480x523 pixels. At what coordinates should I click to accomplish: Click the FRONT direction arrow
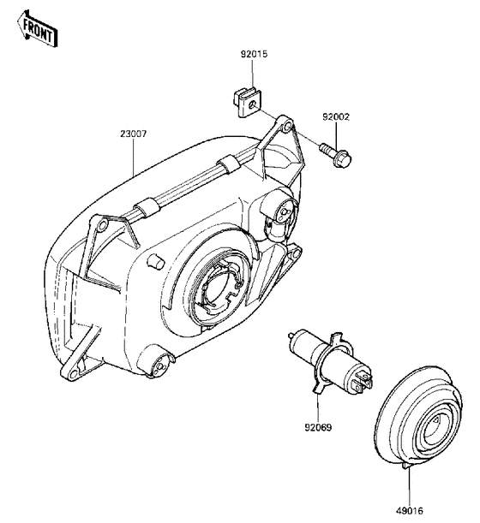click(x=38, y=29)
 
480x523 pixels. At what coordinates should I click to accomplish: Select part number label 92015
click(x=255, y=54)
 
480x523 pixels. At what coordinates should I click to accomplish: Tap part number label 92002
click(x=336, y=117)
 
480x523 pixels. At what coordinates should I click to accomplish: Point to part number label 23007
click(x=133, y=134)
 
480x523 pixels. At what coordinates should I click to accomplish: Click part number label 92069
click(x=318, y=427)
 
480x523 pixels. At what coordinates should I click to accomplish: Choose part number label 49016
click(x=410, y=511)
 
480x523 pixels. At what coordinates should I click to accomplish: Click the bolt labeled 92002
click(x=335, y=153)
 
